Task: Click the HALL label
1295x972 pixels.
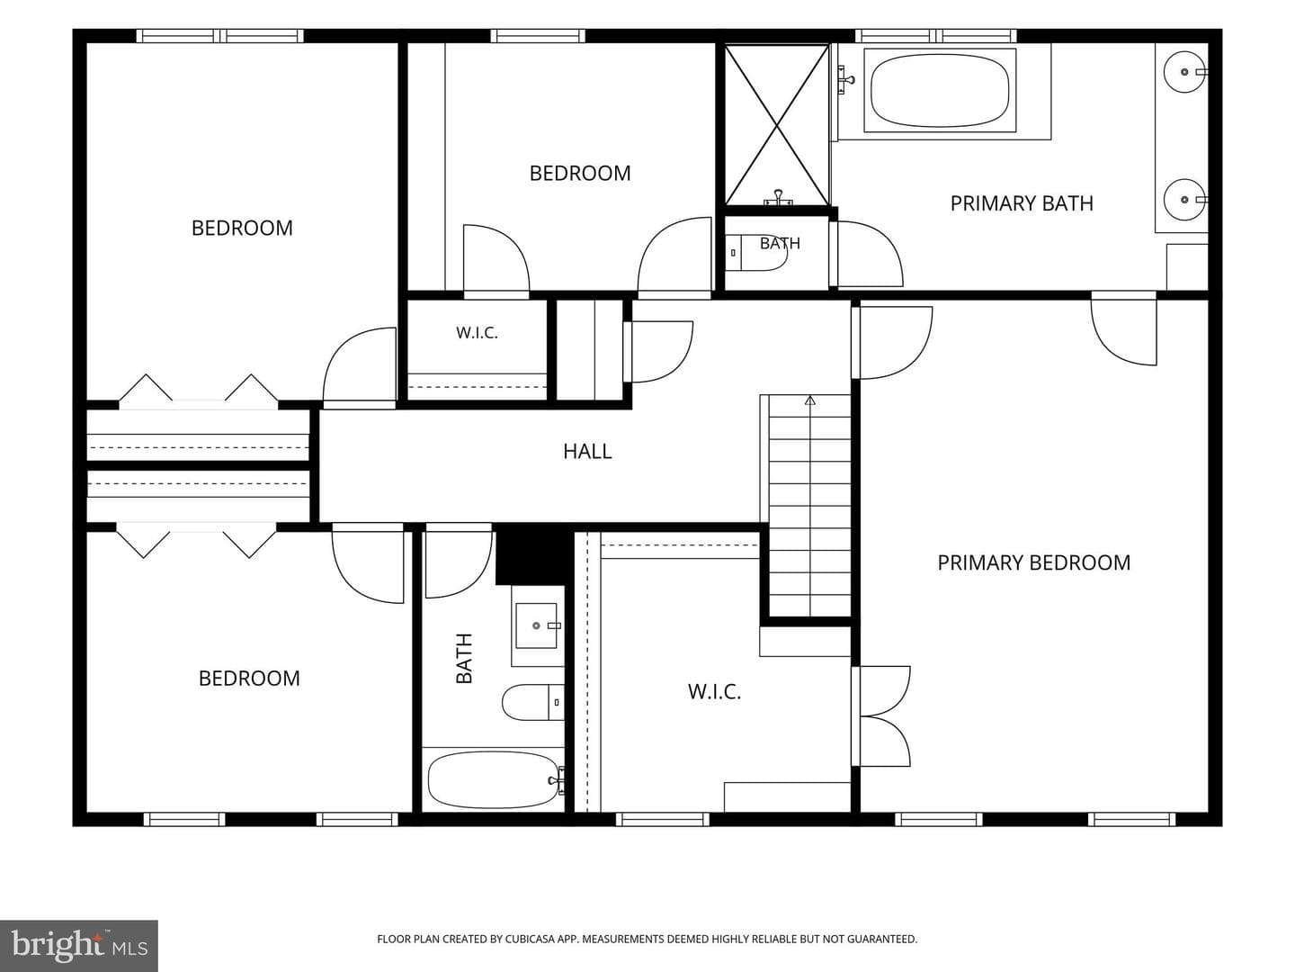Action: click(x=587, y=452)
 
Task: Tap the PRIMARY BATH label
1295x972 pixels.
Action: click(x=1022, y=203)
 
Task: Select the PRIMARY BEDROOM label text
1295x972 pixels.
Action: click(x=1033, y=562)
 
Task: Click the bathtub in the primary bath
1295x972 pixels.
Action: click(x=940, y=91)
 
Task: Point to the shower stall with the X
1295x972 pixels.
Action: click(x=776, y=125)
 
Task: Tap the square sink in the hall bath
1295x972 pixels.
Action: click(x=536, y=625)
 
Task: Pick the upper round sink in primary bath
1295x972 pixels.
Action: click(x=1184, y=72)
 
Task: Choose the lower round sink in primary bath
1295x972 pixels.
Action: click(x=1184, y=200)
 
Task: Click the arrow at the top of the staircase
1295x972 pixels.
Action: click(x=810, y=400)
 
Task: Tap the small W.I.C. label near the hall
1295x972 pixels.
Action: click(x=477, y=333)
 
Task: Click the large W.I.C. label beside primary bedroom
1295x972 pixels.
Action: click(x=714, y=692)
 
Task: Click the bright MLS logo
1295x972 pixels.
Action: click(x=79, y=946)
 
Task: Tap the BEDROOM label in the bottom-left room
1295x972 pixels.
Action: click(x=249, y=679)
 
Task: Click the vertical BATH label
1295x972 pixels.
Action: click(x=464, y=659)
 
